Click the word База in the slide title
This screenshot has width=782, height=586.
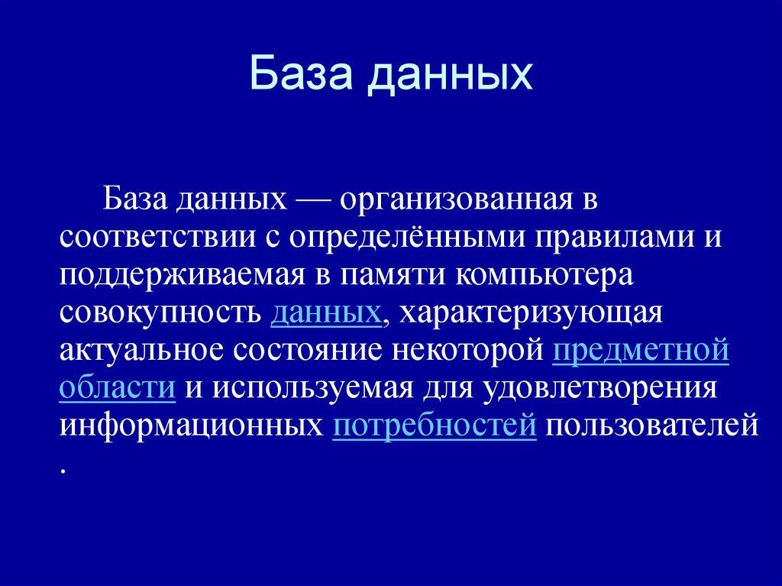tap(299, 76)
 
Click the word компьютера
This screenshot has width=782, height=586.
tap(543, 276)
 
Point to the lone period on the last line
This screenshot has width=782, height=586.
tap(62, 471)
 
